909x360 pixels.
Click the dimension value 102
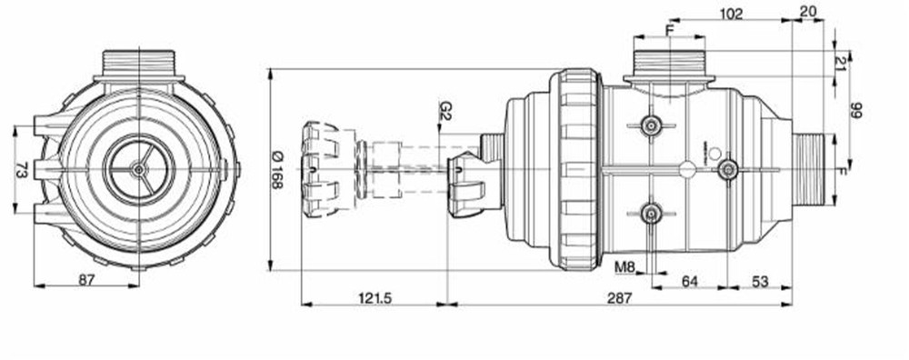coord(731,13)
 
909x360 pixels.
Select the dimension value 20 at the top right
coord(807,13)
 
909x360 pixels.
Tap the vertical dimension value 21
coord(841,62)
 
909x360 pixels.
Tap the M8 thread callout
coord(624,267)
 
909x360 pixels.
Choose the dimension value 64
coord(690,282)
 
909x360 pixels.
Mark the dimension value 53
coord(760,282)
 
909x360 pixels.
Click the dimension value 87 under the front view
coord(86,280)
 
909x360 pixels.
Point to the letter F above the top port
coord(670,30)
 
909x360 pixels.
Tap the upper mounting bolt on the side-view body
coord(649,125)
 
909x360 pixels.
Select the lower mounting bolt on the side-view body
coord(649,213)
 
